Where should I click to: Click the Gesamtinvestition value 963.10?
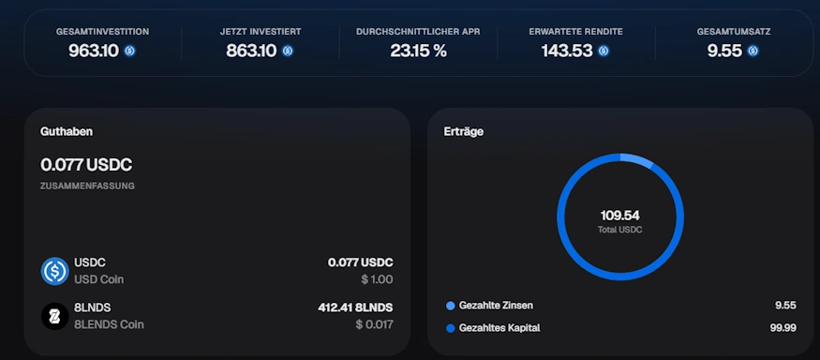94,51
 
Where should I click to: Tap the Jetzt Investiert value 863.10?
251,51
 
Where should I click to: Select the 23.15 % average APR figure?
418,51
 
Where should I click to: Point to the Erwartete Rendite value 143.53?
567,51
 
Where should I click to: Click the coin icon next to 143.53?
604,51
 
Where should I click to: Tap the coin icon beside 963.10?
129,51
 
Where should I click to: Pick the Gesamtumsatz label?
734,32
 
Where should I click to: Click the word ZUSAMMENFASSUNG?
87,186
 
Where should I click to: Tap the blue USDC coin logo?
55,271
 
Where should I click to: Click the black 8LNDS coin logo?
55,316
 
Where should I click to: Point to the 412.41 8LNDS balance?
355,307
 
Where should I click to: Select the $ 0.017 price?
375,324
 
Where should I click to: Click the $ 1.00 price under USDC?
377,279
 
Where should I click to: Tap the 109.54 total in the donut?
620,216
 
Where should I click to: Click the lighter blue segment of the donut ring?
637,159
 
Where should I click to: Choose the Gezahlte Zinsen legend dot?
450,306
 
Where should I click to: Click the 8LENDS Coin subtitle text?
109,324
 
